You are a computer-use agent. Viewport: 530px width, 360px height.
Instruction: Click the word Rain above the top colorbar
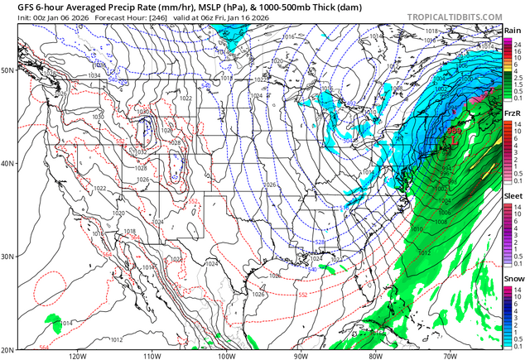[513, 31]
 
